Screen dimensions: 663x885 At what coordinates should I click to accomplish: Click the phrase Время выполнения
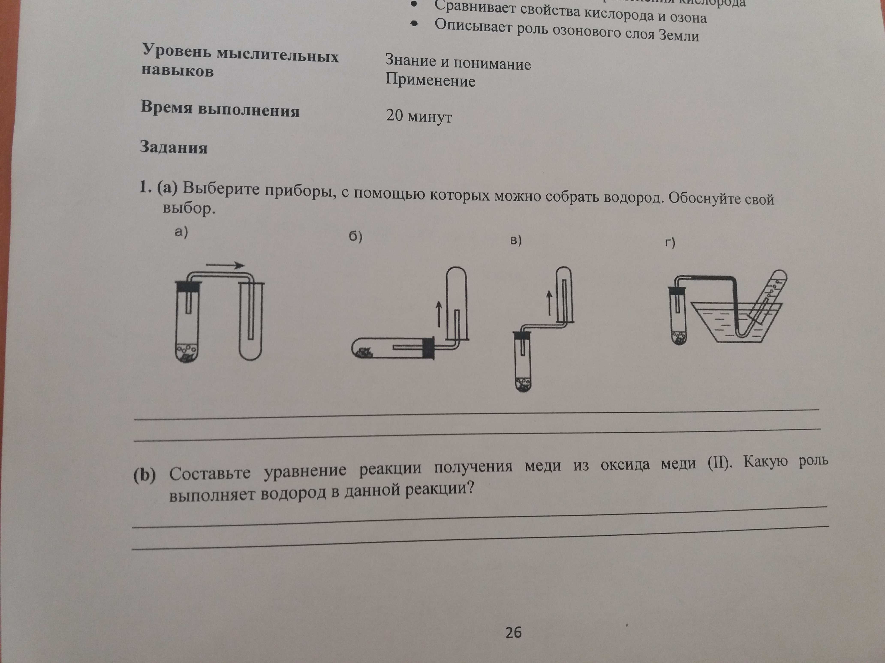220,109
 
